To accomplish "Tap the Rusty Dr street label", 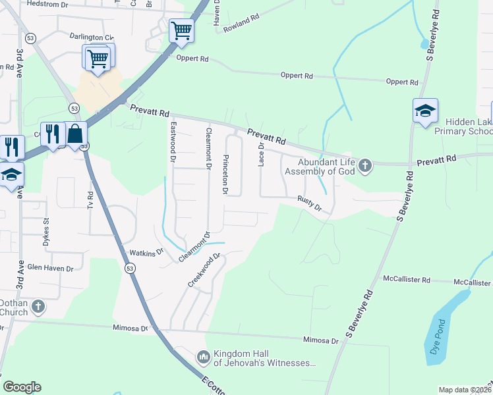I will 308,203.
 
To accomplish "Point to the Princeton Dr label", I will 225,174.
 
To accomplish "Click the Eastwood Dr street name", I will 173,142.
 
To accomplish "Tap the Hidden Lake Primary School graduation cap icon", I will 425,110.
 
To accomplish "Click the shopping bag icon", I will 76,134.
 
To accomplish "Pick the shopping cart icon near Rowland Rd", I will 181,30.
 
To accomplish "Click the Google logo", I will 22,387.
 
